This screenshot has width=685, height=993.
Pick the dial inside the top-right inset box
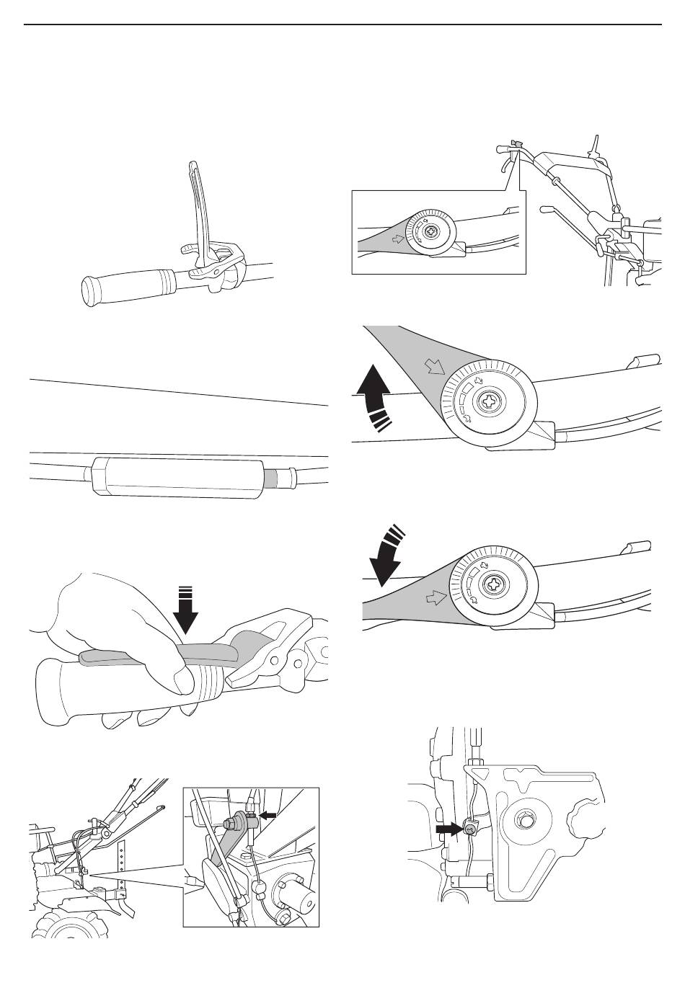[430, 233]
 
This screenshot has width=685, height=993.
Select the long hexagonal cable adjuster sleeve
[173, 476]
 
